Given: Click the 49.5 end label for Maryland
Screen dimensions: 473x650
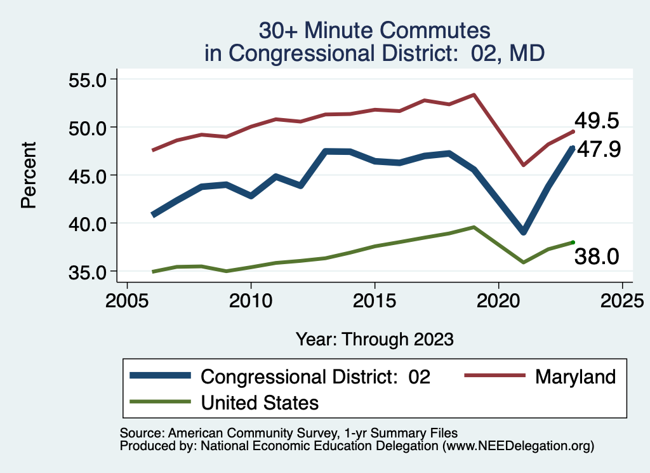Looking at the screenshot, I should (x=596, y=121).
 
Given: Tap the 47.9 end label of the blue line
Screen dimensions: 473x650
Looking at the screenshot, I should (x=598, y=150).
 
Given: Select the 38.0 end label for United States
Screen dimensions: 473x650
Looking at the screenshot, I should (x=596, y=256).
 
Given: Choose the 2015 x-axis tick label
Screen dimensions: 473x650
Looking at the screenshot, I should (x=375, y=299).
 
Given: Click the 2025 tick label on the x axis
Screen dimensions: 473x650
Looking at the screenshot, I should (x=622, y=299).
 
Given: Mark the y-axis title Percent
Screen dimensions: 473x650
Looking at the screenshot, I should (x=29, y=175).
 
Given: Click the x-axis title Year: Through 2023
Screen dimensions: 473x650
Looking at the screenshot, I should (x=375, y=339).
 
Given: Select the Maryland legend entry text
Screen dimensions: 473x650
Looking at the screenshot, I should (x=575, y=376).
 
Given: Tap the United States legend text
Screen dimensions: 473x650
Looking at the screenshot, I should (x=260, y=402).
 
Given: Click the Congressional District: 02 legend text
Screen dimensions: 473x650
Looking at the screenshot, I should (x=315, y=376).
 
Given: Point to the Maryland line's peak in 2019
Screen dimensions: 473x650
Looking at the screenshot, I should (x=474, y=95).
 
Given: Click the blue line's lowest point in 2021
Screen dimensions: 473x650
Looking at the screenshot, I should (x=523, y=231).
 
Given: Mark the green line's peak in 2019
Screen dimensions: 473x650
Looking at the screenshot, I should (x=474, y=227).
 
